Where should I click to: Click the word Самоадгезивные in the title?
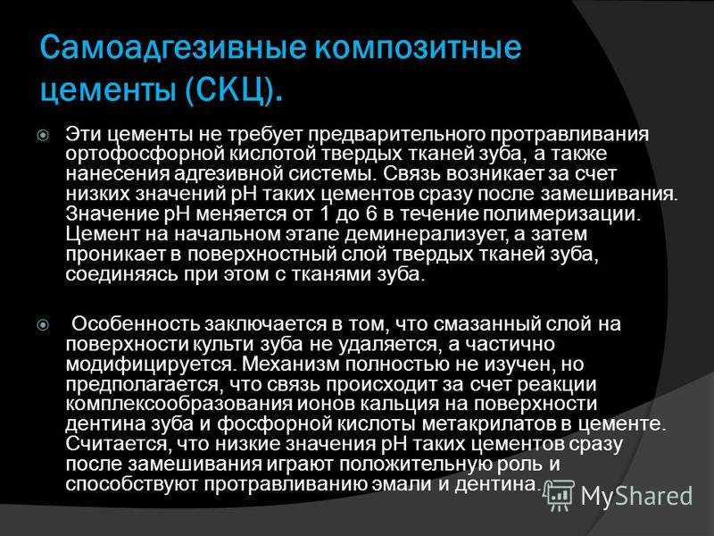pyautogui.click(x=172, y=48)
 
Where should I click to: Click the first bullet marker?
pyautogui.click(x=43, y=136)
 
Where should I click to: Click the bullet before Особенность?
pyautogui.click(x=43, y=325)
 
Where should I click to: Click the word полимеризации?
pyautogui.click(x=561, y=214)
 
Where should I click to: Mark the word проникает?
pyautogui.click(x=116, y=254)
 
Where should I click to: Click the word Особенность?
pyautogui.click(x=136, y=324)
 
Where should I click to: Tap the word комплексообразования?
pyautogui.click(x=179, y=405)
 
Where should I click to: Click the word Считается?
pyautogui.click(x=117, y=444)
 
